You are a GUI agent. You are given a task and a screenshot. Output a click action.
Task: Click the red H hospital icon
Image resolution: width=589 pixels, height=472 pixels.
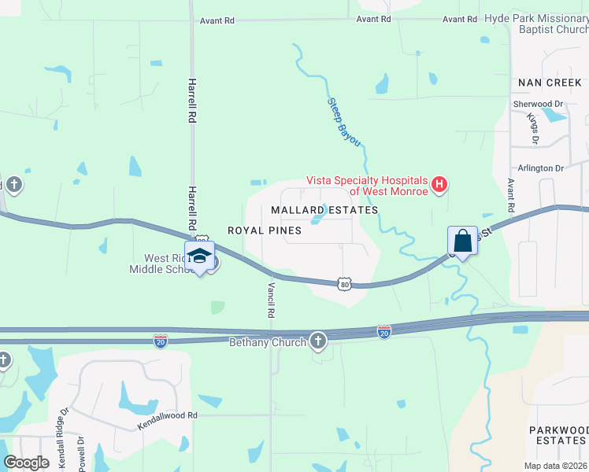tap(440, 186)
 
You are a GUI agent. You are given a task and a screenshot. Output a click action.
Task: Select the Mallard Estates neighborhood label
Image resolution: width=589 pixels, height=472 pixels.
tap(324, 210)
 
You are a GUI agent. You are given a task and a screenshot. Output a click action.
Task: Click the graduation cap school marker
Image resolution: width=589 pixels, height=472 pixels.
tap(199, 256)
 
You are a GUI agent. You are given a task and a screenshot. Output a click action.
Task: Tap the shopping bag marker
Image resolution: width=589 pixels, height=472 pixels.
tap(462, 242)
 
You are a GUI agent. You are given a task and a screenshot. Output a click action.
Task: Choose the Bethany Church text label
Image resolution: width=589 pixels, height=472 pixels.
tap(267, 342)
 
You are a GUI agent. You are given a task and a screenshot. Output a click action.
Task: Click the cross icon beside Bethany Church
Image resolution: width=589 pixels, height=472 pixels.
tap(317, 341)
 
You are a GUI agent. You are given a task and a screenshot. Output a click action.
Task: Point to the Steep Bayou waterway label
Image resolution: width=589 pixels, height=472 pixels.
tap(344, 121)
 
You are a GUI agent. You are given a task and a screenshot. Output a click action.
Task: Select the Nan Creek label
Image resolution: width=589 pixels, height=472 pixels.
tap(550, 83)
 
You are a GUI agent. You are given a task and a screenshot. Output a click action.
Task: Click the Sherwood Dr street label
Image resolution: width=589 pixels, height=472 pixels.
tap(538, 104)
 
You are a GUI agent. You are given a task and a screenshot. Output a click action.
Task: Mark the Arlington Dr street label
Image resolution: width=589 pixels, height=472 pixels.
tap(541, 168)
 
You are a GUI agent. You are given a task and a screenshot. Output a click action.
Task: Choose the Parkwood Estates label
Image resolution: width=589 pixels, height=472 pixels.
tap(558, 435)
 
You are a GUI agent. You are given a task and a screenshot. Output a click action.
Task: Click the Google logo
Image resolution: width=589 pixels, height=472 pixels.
tap(26, 463)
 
